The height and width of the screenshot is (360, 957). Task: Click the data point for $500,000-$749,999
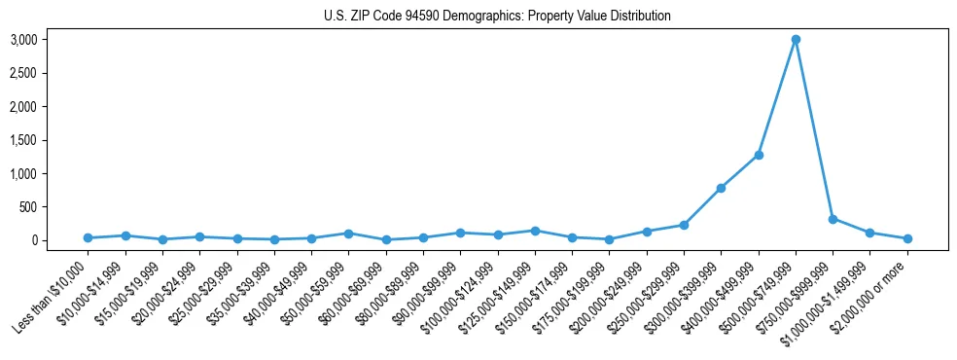pos(796,40)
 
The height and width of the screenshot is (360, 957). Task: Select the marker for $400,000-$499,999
pos(759,155)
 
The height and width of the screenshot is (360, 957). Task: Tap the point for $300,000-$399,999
pos(721,188)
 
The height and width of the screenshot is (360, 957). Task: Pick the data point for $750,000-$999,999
pos(833,219)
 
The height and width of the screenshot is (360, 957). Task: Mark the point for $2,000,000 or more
pos(907,238)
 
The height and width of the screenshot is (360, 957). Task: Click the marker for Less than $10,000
pos(88,237)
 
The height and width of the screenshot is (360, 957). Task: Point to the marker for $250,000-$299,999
pos(684,225)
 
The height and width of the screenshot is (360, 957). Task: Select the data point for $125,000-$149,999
pos(535,231)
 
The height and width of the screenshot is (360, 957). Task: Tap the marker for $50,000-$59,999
pos(348,234)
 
